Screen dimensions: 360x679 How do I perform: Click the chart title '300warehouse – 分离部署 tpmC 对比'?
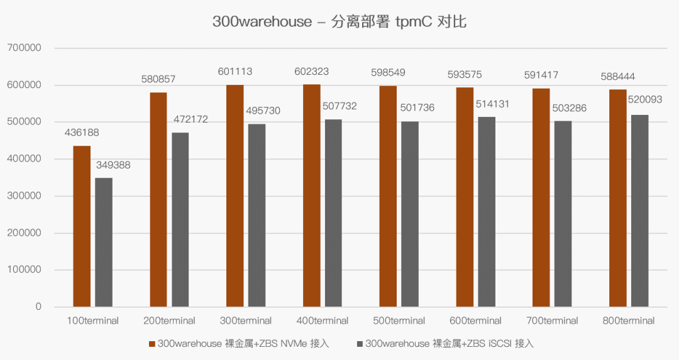[339, 22]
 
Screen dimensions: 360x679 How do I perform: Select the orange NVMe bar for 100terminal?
[82, 226]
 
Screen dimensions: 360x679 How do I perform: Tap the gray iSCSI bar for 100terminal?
[104, 243]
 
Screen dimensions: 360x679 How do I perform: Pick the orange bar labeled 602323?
[311, 195]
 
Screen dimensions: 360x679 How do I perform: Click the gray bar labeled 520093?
[639, 211]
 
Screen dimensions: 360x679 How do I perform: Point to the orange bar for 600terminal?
[465, 197]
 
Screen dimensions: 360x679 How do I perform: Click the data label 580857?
[158, 80]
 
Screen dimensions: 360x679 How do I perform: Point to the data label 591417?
[541, 75]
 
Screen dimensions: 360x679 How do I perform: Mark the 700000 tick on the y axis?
[24, 48]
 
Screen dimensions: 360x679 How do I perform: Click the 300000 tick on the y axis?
[24, 196]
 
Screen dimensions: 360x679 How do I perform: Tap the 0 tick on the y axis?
[38, 307]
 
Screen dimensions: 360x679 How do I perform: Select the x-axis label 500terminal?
[399, 321]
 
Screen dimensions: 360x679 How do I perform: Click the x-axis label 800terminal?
[629, 321]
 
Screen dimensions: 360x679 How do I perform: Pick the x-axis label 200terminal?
[170, 321]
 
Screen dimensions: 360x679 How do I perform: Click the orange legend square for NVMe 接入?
[152, 344]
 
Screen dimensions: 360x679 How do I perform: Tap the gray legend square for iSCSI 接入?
[360, 344]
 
